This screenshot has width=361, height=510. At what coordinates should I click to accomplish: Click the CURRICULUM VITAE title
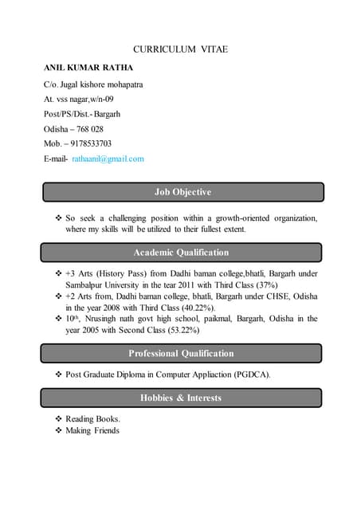click(180, 49)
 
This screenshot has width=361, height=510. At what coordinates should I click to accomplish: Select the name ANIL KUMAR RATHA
click(88, 67)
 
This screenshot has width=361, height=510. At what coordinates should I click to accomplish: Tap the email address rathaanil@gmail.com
click(108, 159)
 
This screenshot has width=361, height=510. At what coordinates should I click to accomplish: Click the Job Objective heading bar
click(182, 192)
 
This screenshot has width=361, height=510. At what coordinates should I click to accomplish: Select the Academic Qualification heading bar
click(181, 253)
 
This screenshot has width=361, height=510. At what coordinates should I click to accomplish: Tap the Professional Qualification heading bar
click(181, 353)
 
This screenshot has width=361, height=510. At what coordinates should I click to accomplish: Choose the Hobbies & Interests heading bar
click(181, 398)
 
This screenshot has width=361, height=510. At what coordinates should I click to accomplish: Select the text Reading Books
click(92, 418)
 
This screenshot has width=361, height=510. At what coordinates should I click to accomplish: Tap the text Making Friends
click(92, 430)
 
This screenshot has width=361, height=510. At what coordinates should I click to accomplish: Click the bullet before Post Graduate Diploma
click(58, 374)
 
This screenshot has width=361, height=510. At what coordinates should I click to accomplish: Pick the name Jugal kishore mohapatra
click(101, 83)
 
